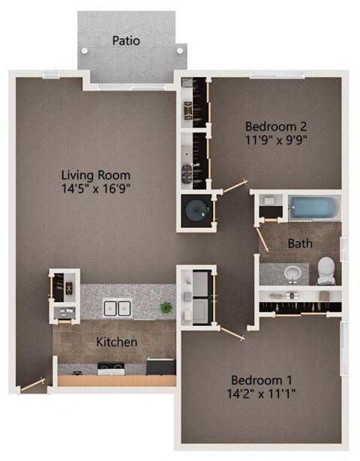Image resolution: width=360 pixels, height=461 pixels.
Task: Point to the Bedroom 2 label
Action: (277, 125)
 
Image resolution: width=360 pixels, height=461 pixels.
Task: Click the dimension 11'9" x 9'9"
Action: (277, 139)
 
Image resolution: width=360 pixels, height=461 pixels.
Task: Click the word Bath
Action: (300, 244)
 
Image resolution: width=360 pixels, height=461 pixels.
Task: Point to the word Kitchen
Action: (116, 342)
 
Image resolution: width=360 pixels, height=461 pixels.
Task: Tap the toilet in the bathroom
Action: (327, 271)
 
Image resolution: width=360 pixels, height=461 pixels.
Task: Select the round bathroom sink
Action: (293, 272)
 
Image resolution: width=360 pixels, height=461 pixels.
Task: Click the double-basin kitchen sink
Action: (118, 308)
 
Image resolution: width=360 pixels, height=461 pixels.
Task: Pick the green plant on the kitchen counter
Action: (166, 307)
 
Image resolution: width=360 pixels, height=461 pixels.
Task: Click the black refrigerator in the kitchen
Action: (160, 367)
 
